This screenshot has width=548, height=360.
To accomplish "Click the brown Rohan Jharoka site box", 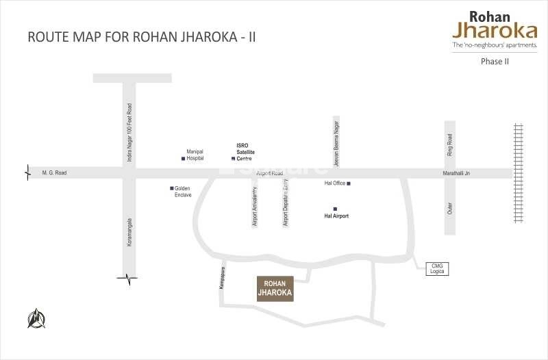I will pyautogui.click(x=275, y=289).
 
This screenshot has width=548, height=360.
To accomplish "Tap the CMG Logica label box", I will pyautogui.click(x=436, y=268).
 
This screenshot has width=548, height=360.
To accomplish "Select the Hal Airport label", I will pyautogui.click(x=336, y=216).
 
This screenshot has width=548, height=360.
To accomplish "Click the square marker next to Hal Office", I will pyautogui.click(x=349, y=183).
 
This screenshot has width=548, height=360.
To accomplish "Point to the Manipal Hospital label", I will pyautogui.click(x=195, y=155).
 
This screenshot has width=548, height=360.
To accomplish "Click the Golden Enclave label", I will pyautogui.click(x=182, y=192).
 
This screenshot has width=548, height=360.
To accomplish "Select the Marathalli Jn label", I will pyautogui.click(x=456, y=174).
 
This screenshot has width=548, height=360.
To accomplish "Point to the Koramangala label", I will pyautogui.click(x=129, y=233).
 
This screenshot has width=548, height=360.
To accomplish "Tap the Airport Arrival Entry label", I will pyautogui.click(x=256, y=206).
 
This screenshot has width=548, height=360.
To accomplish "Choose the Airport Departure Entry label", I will pyautogui.click(x=286, y=203).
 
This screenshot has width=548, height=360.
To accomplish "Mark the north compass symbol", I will pyautogui.click(x=36, y=318).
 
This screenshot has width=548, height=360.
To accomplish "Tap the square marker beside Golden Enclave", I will pyautogui.click(x=171, y=188).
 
